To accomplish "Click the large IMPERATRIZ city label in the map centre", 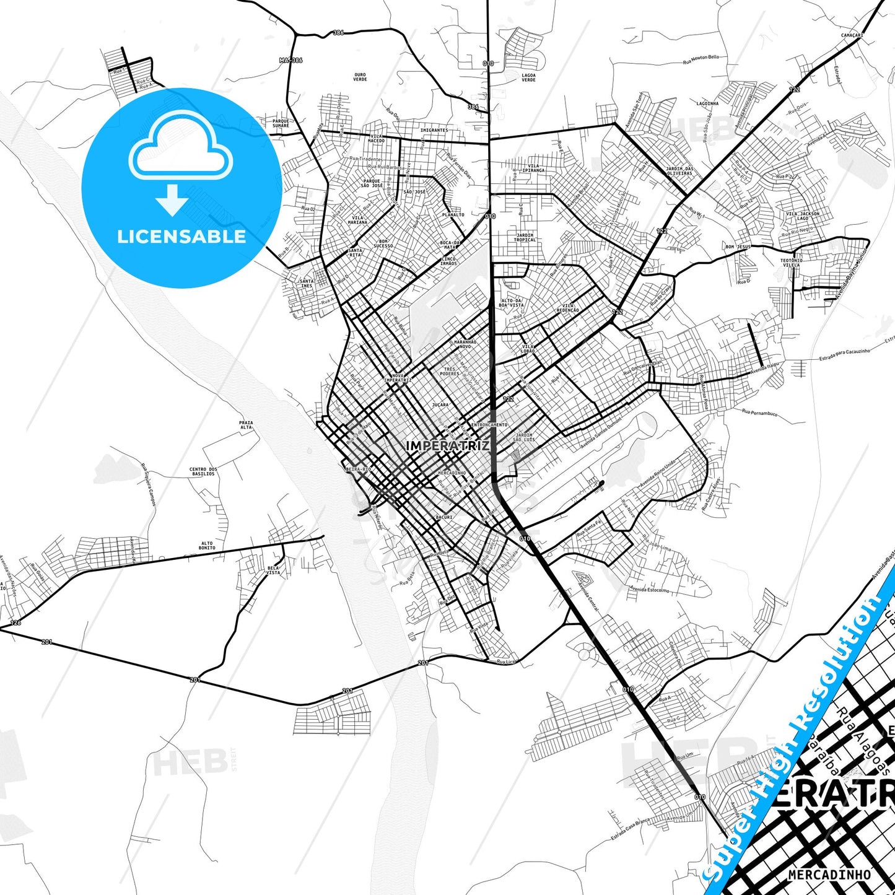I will [447, 445].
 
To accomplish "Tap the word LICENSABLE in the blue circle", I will [181, 237].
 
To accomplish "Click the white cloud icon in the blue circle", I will [180, 149].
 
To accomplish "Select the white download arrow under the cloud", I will [172, 199].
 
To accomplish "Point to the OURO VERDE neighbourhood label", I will [360, 77].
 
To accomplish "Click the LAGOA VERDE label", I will [528, 77].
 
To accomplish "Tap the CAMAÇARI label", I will [852, 35].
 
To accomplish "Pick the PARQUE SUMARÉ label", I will [281, 123].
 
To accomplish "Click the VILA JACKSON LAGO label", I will [803, 216].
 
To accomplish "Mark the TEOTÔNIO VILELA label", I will [791, 263].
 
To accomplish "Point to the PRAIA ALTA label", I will [246, 425].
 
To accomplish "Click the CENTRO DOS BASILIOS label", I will [203, 471].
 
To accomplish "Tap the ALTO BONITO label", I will [207, 546].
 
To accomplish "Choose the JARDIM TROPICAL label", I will [525, 237].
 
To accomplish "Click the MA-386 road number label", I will [290, 60].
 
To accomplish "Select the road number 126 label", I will [15, 622].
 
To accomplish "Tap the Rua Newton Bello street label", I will [701, 59].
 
